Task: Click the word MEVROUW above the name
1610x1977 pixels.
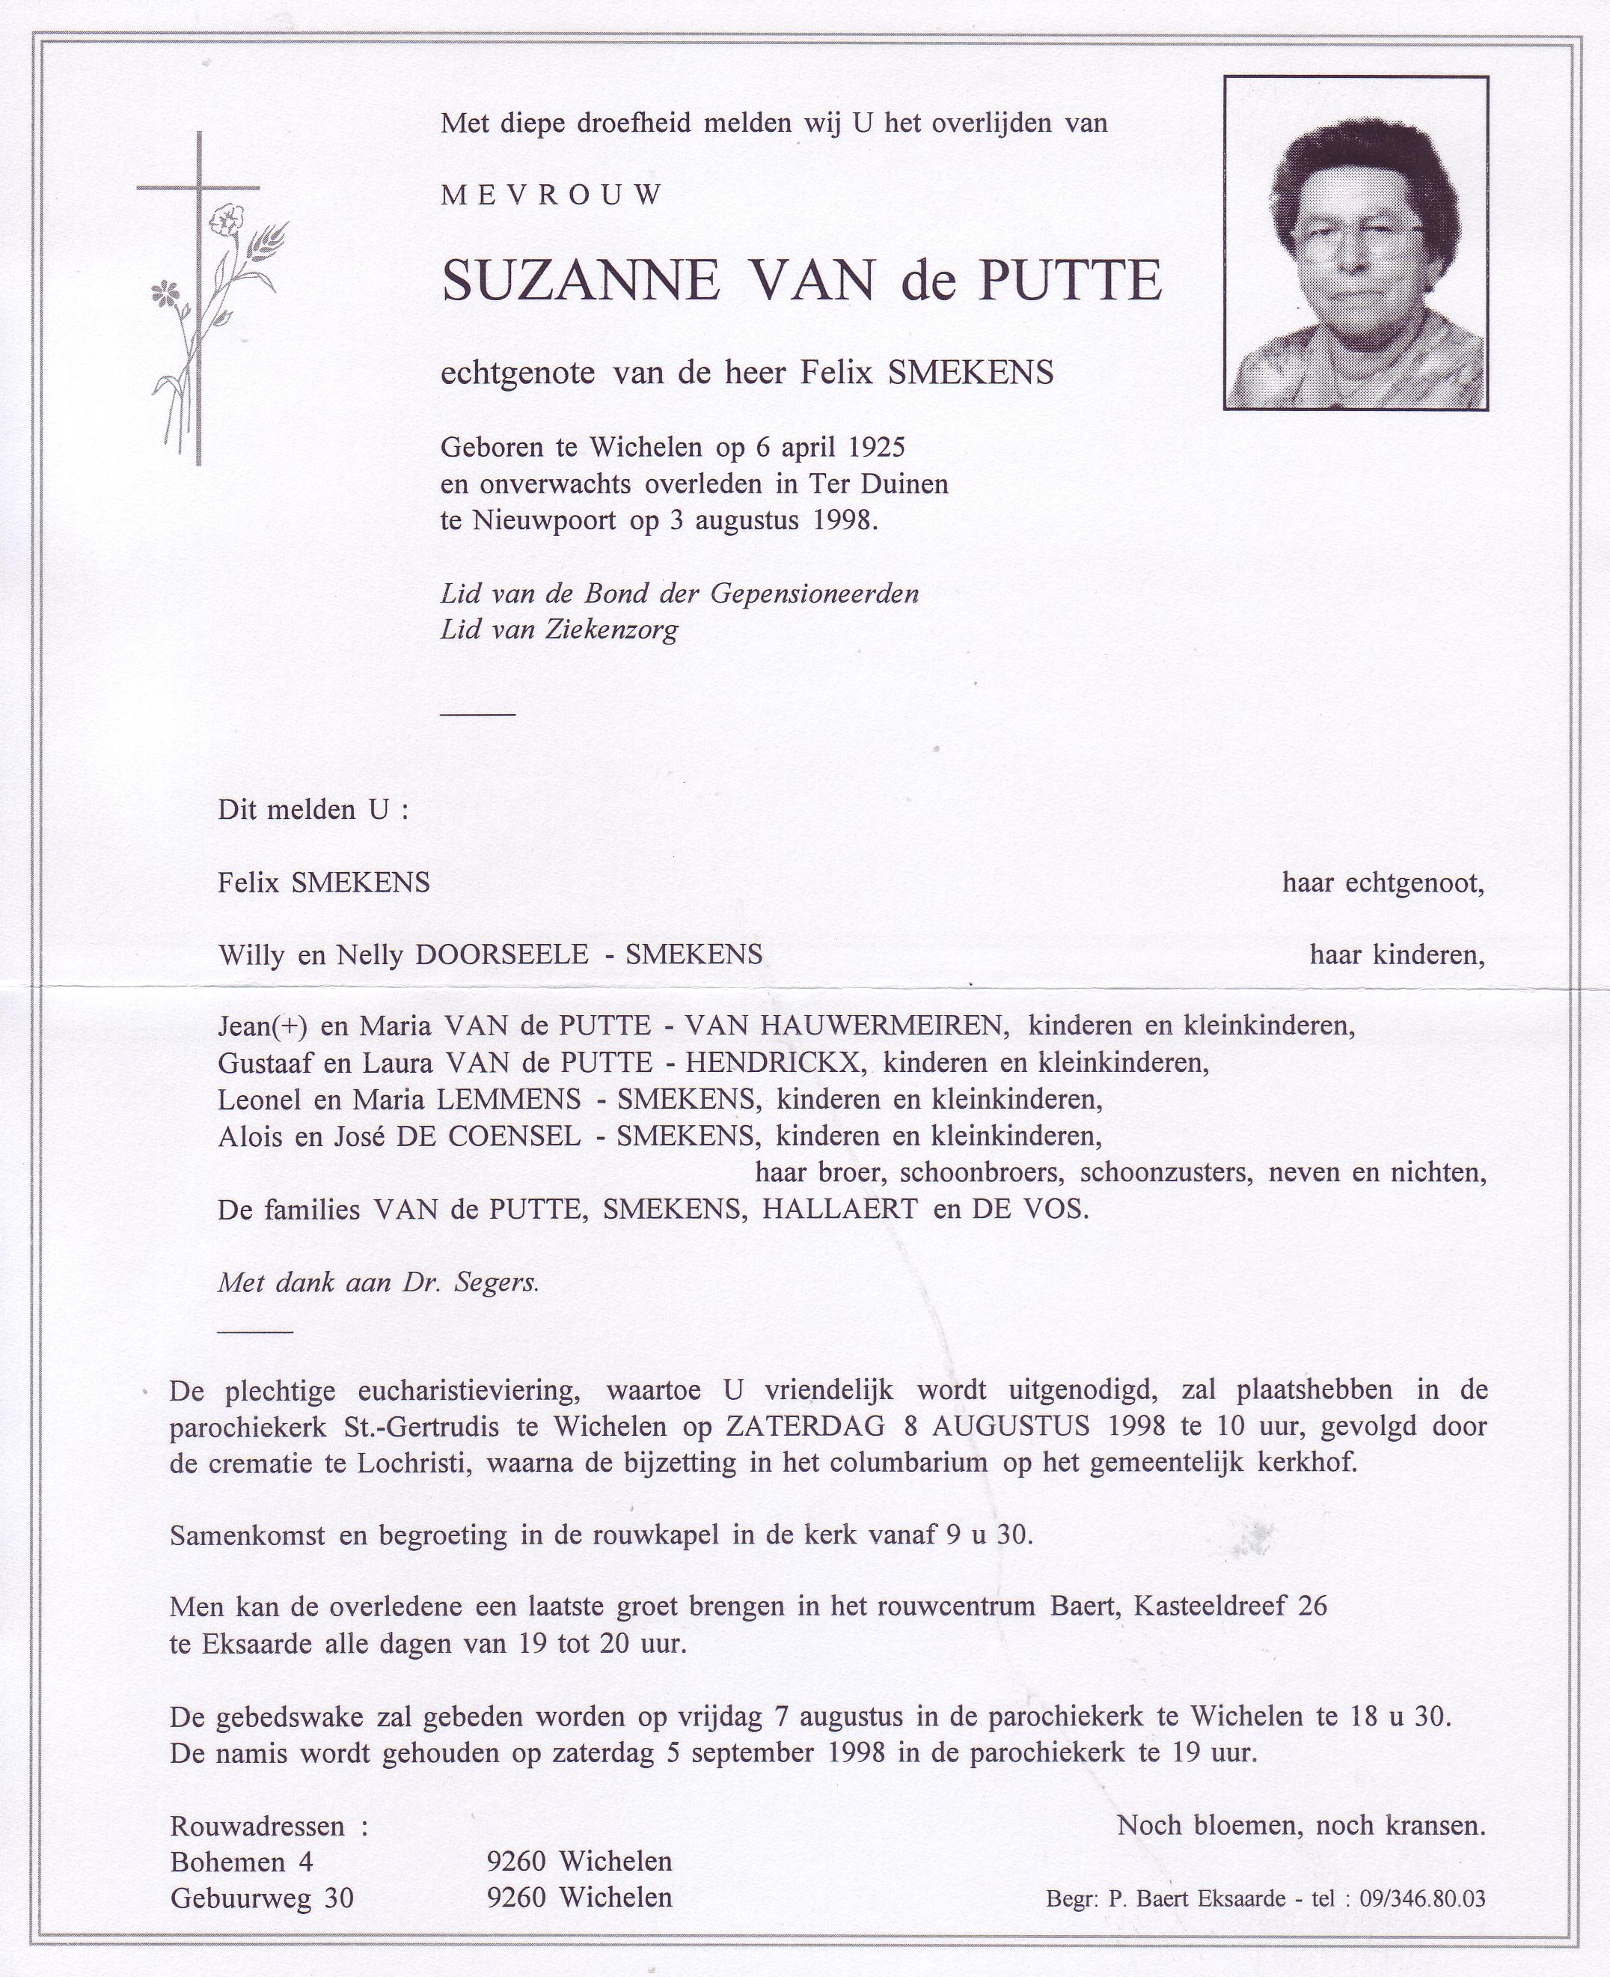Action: [x=552, y=195]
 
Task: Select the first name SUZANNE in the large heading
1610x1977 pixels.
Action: [x=580, y=281]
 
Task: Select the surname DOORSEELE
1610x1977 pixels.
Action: [x=502, y=954]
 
